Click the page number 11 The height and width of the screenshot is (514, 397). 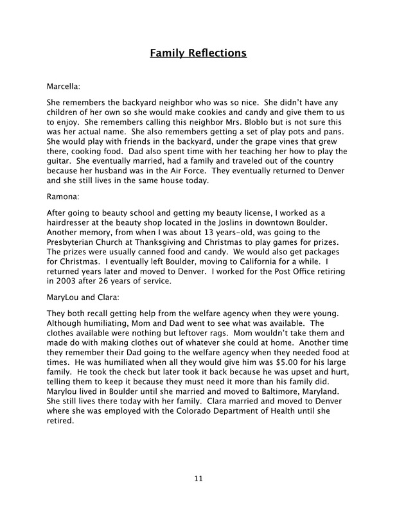pyautogui.click(x=198, y=478)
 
